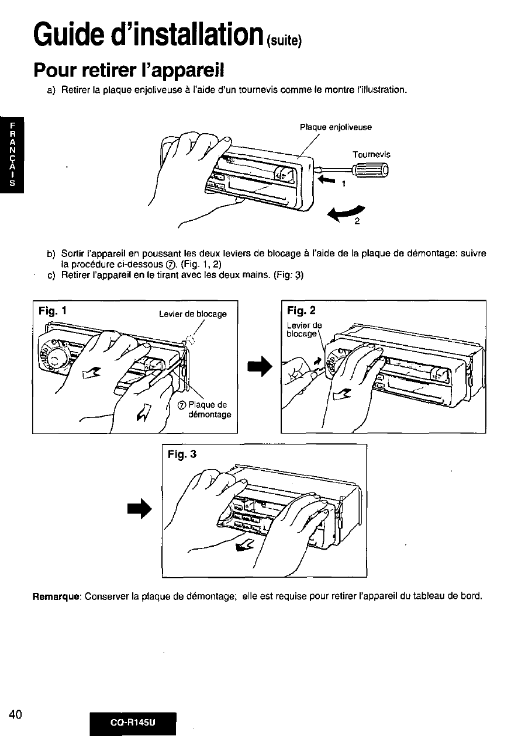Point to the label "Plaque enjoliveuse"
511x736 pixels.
click(x=336, y=127)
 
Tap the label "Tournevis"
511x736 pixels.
click(x=371, y=155)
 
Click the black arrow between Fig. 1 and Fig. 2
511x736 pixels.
click(x=259, y=367)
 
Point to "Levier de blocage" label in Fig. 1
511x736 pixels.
click(x=192, y=314)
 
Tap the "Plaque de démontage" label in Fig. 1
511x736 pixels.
click(x=209, y=409)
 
